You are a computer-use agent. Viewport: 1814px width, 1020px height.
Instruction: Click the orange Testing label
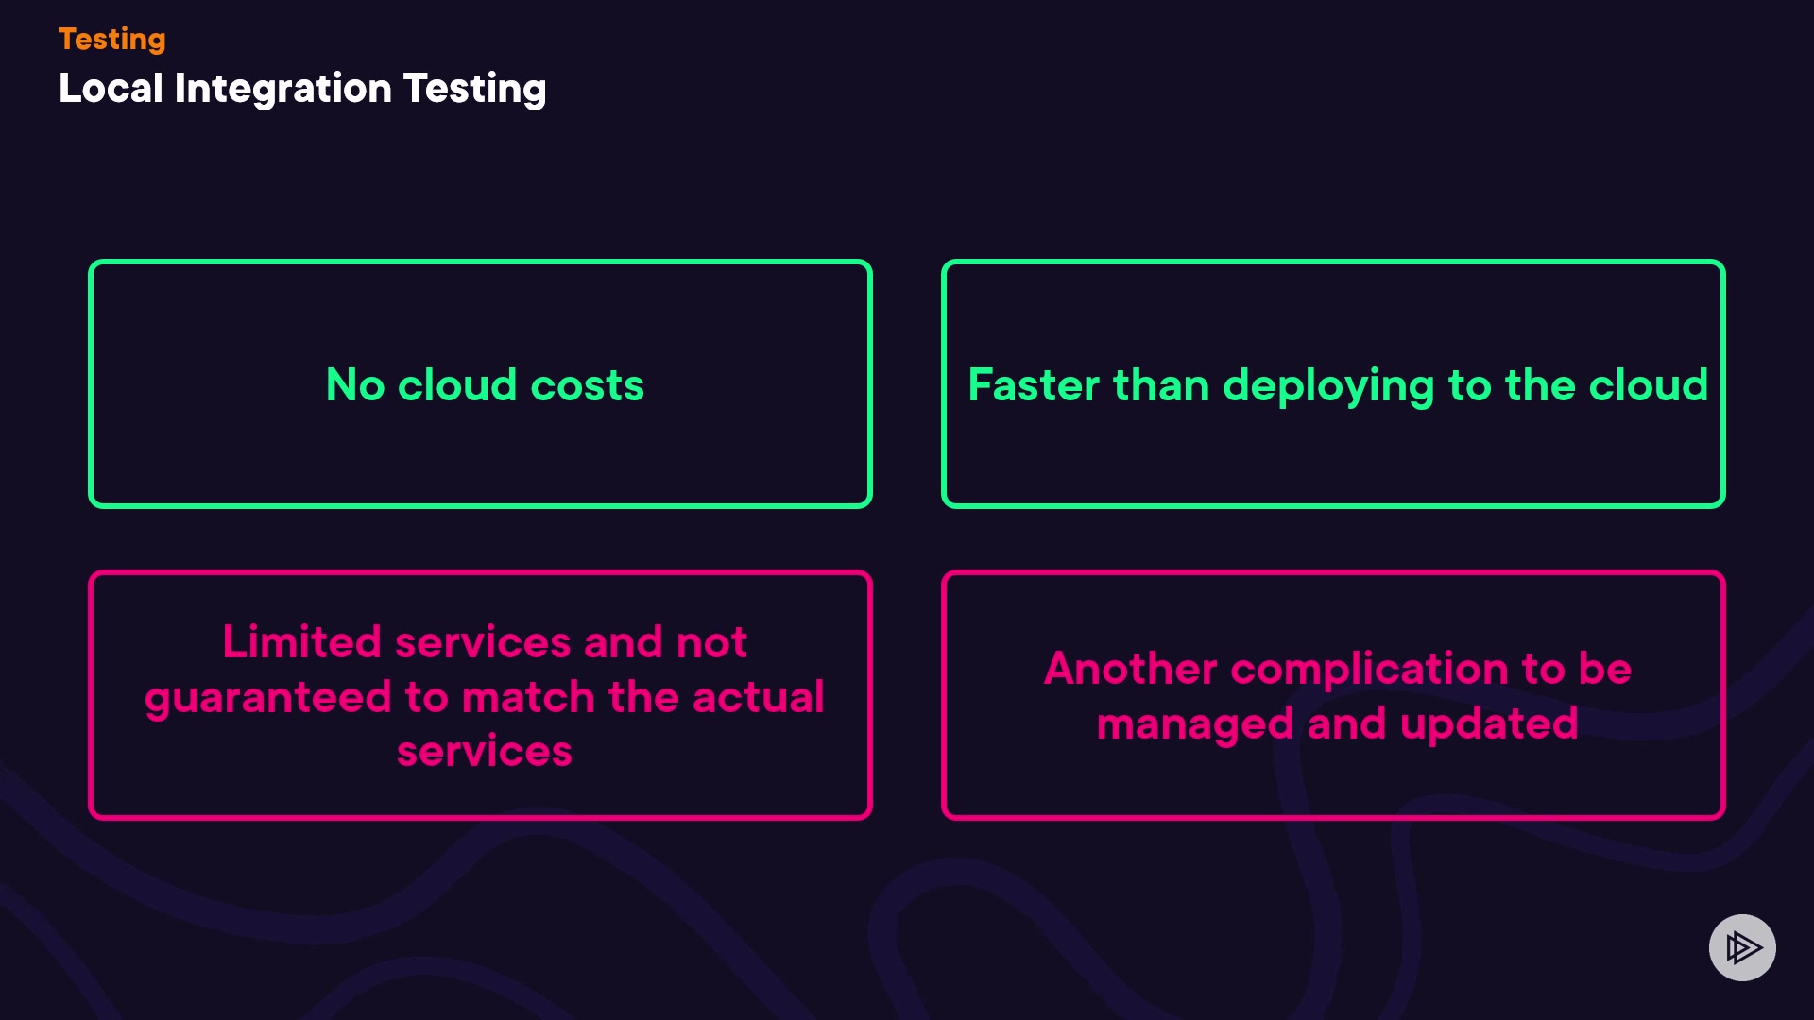(x=111, y=40)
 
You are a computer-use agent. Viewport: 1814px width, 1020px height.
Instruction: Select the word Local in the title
(x=111, y=89)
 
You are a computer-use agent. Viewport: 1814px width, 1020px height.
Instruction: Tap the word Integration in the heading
(x=282, y=90)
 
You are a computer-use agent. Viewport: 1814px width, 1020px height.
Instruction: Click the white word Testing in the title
(x=474, y=90)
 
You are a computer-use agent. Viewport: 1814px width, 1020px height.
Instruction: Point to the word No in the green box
(x=355, y=385)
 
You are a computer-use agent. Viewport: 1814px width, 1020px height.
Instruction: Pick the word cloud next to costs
(x=456, y=385)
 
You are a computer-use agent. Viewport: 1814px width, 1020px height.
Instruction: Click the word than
(x=1161, y=385)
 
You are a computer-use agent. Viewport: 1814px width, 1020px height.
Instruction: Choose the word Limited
(x=301, y=642)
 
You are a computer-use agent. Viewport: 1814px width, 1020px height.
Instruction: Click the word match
(x=528, y=698)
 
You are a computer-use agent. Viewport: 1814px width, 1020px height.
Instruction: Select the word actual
(x=758, y=698)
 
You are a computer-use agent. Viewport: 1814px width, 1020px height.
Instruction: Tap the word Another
(x=1130, y=669)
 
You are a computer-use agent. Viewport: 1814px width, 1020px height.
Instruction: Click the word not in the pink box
(x=711, y=642)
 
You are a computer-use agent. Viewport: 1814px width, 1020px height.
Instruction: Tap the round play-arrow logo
(x=1742, y=947)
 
